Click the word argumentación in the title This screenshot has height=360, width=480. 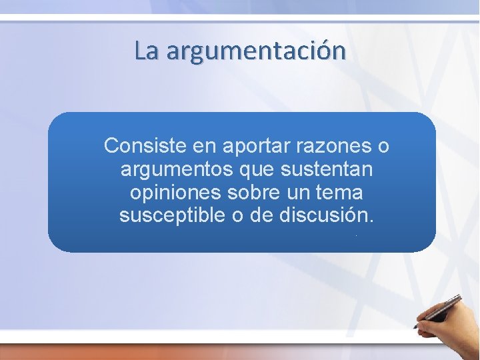click(257, 51)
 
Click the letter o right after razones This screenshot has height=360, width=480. click(383, 145)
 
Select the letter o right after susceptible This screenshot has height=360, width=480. click(238, 216)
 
